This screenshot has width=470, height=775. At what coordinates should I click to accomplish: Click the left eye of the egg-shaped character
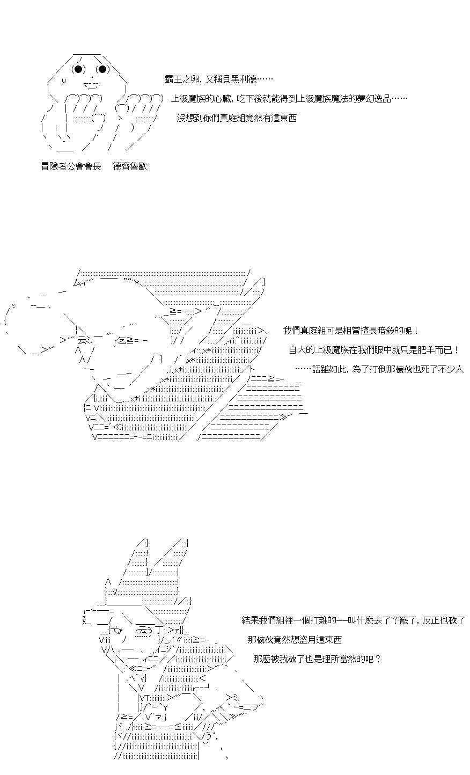[x=78, y=69]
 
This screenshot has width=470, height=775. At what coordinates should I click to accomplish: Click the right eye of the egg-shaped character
[x=102, y=69]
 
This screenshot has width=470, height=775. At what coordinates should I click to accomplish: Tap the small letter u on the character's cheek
[x=64, y=81]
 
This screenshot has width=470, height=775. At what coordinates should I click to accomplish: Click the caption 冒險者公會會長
[x=71, y=166]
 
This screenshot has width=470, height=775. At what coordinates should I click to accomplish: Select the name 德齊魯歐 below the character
[x=130, y=166]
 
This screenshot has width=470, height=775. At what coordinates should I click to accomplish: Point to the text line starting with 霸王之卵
[x=219, y=79]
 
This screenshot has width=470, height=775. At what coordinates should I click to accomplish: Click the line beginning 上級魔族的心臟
[x=289, y=99]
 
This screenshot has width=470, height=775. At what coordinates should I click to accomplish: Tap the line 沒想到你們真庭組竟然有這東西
[x=237, y=118]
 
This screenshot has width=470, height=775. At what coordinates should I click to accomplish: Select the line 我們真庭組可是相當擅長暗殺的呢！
[x=351, y=331]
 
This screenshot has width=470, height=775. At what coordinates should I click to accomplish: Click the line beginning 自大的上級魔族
[x=374, y=350]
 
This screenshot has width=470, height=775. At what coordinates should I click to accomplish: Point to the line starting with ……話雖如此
[x=379, y=369]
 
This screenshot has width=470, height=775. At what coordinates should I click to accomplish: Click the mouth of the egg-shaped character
[x=92, y=85]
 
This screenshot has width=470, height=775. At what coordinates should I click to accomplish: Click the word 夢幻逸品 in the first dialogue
[x=373, y=99]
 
